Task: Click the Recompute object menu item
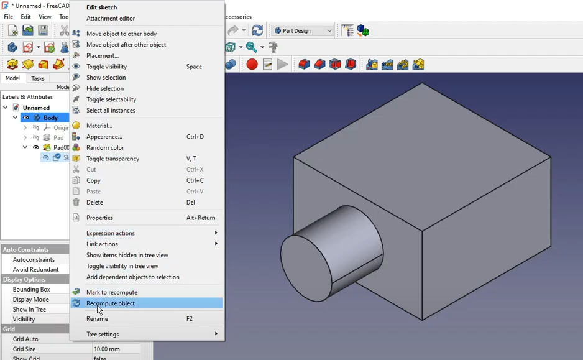(x=111, y=303)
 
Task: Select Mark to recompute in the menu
(x=112, y=292)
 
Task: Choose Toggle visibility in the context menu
(x=106, y=67)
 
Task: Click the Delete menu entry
(x=94, y=202)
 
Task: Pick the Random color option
(x=105, y=147)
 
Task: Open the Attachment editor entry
(x=111, y=19)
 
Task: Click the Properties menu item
(x=99, y=218)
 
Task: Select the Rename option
(x=97, y=318)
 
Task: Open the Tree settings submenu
(x=103, y=334)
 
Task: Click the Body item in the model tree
(x=50, y=118)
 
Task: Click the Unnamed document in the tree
(x=36, y=108)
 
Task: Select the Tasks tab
(x=38, y=79)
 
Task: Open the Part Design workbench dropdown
(x=303, y=30)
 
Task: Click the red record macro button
(x=252, y=64)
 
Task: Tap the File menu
(x=9, y=17)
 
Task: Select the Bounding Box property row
(x=31, y=289)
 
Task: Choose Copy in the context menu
(x=93, y=180)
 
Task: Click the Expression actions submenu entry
(x=111, y=233)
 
